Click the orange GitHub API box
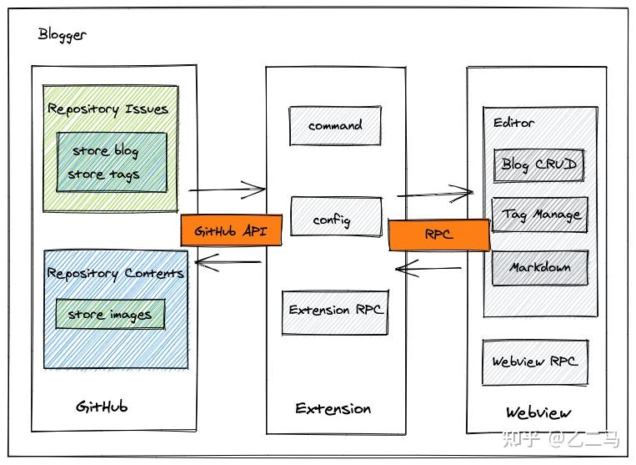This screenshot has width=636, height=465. click(x=231, y=230)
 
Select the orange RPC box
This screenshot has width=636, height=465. click(x=438, y=235)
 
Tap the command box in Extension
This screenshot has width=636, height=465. click(x=335, y=125)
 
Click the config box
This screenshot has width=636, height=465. click(x=335, y=219)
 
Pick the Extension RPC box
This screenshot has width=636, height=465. click(x=335, y=311)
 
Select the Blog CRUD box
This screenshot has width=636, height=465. click(x=538, y=164)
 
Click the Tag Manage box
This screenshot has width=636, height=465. click(x=540, y=215)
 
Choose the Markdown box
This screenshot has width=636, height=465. click(x=540, y=268)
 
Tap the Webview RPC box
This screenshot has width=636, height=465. click(x=534, y=361)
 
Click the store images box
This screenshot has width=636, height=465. click(x=110, y=315)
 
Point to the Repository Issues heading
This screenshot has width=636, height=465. click(x=108, y=109)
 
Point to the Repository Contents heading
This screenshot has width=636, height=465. click(x=115, y=273)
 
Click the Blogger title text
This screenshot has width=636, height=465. click(x=62, y=35)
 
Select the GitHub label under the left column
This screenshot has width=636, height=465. click(x=102, y=407)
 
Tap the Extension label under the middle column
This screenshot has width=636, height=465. click(x=333, y=408)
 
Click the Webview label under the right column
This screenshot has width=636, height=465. click(x=538, y=412)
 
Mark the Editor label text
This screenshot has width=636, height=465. click(x=513, y=123)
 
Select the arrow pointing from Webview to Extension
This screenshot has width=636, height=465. click(x=428, y=269)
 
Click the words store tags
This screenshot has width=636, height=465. click(x=103, y=174)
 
